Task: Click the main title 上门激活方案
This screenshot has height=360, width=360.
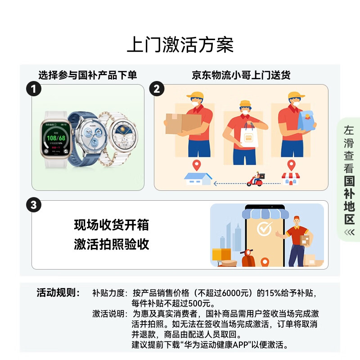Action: pos(180,45)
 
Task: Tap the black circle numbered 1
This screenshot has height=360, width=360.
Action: pos(34,89)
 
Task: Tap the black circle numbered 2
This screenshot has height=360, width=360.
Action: pos(157,89)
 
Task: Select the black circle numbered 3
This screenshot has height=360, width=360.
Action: pos(34,206)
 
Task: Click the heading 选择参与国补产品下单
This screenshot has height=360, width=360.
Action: pos(87,75)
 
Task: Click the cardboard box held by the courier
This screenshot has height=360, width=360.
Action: pos(182,124)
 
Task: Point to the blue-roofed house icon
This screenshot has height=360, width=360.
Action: pos(198,178)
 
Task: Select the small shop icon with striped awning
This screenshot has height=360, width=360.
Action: pos(291,178)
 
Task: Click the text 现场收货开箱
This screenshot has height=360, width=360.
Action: pos(111,225)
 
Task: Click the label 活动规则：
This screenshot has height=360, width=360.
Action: pos(58,293)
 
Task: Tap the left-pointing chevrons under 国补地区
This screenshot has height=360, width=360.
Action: pos(349,232)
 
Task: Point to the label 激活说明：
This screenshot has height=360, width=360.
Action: pos(109,313)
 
